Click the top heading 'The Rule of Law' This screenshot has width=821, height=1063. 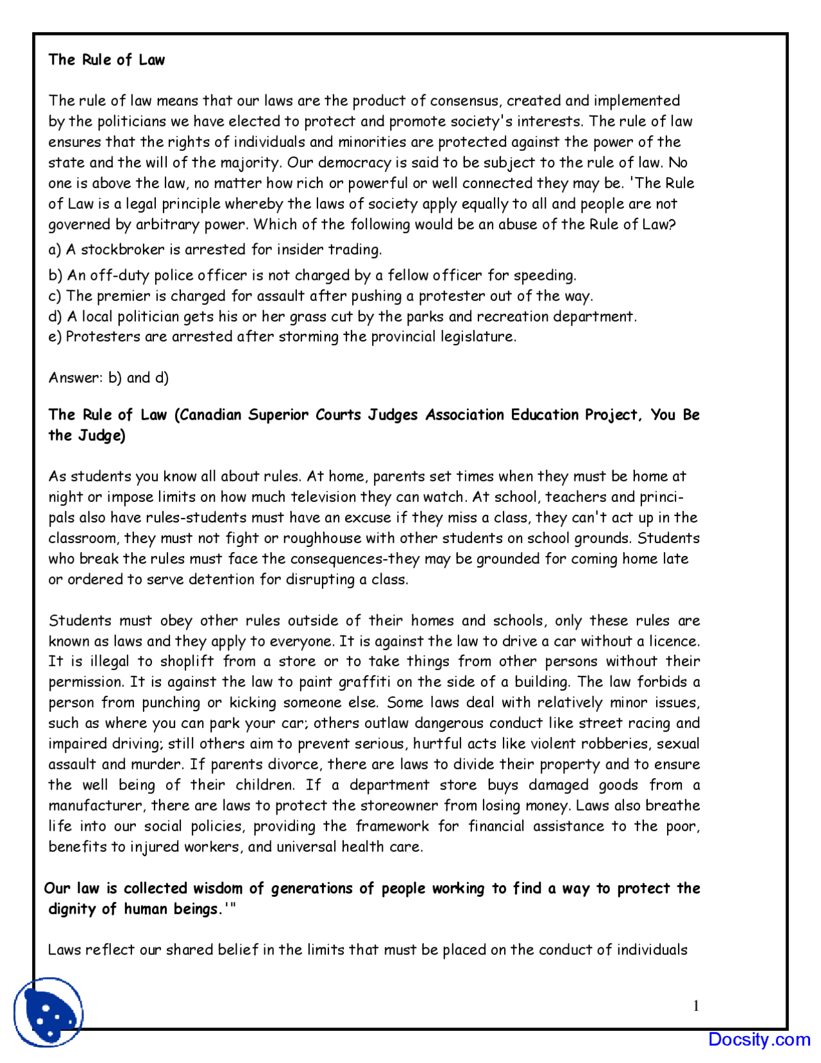[106, 60]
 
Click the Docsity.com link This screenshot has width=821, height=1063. [759, 1039]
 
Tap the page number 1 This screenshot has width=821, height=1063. [696, 1006]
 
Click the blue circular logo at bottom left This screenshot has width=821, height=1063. [48, 1012]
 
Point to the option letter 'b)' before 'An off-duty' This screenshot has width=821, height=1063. [56, 275]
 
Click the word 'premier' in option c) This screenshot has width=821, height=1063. [126, 296]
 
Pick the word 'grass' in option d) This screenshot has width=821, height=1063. [309, 316]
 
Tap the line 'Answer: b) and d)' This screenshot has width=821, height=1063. [108, 377]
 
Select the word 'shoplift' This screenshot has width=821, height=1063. [187, 661]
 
